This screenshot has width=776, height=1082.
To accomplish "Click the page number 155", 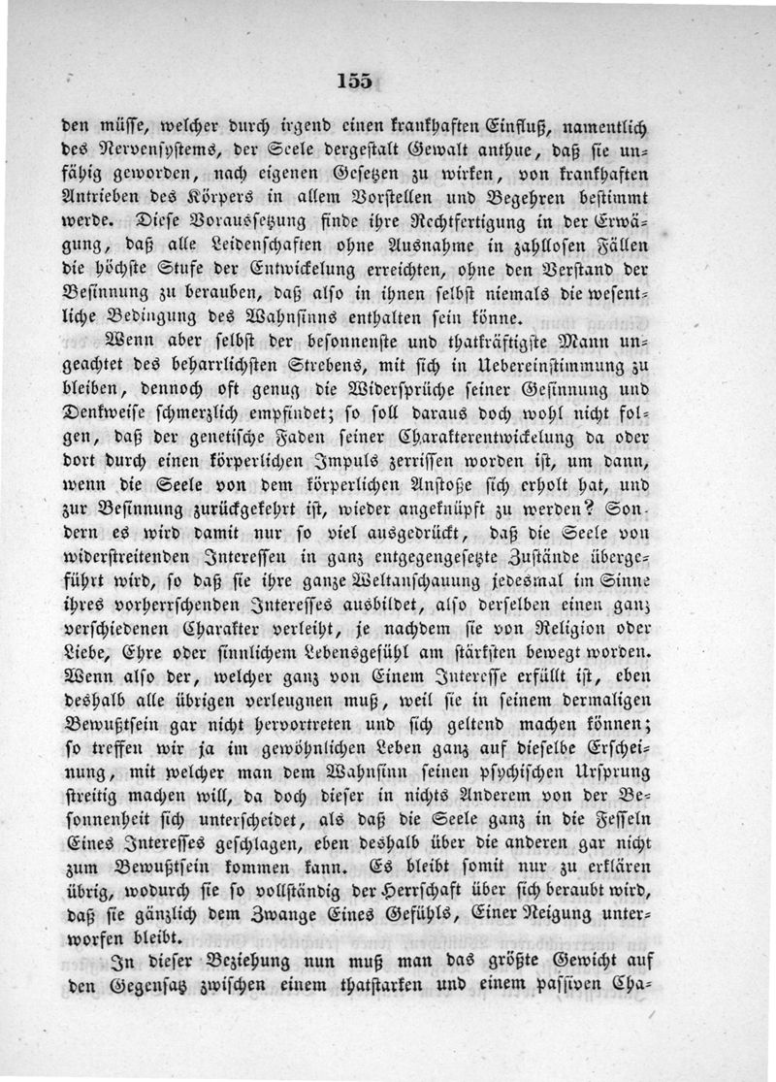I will coord(355,81).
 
